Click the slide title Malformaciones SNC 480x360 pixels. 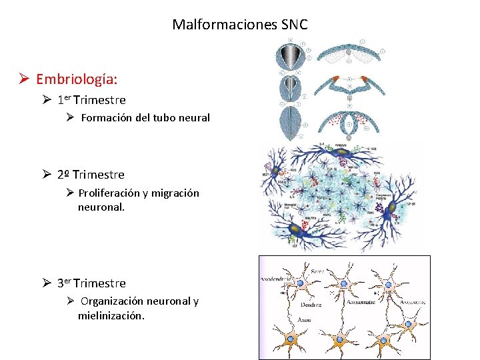240,25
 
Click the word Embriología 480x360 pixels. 77,79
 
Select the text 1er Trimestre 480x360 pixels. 91,100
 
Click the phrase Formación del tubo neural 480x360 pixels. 145,118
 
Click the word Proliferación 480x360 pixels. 109,193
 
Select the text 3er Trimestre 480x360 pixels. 91,283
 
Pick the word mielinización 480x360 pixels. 111,315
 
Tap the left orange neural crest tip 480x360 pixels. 334,83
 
